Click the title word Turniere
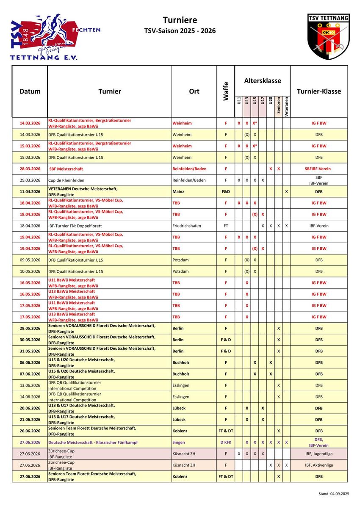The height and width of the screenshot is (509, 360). pyautogui.click(x=180, y=20)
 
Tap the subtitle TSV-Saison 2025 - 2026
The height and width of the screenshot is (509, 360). pyautogui.click(x=180, y=31)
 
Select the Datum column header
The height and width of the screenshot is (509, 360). pyautogui.click(x=30, y=91)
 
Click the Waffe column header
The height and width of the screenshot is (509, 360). pyautogui.click(x=226, y=91)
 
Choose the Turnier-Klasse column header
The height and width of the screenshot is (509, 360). pyautogui.click(x=318, y=91)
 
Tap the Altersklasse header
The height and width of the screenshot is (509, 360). pyautogui.click(x=263, y=81)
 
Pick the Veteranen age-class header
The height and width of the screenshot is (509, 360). pyautogui.click(x=287, y=107)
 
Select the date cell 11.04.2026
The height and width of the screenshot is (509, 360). pyautogui.click(x=30, y=191)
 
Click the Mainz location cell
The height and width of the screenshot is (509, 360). pyautogui.click(x=178, y=191)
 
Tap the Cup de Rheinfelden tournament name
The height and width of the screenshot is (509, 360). pyautogui.click(x=66, y=180)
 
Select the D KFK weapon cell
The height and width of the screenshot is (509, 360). pyautogui.click(x=226, y=442)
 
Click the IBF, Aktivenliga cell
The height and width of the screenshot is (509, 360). pyautogui.click(x=319, y=465)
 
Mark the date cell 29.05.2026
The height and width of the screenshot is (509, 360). pyautogui.click(x=30, y=328)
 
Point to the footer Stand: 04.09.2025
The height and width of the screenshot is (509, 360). pyautogui.click(x=334, y=494)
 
